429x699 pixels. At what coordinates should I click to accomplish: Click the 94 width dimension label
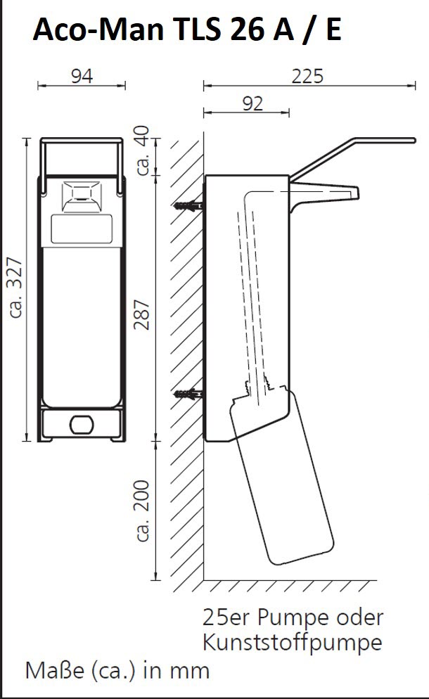coord(82,76)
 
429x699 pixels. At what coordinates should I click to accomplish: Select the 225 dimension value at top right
coord(307,76)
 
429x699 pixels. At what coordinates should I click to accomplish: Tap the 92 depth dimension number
coord(253,104)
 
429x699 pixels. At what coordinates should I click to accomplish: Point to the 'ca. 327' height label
coord(16,288)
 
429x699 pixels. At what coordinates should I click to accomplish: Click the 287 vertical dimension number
coord(142,315)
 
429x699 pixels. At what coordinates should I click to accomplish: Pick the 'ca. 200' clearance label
coord(142,511)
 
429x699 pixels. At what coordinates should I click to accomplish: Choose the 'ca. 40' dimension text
coord(143,150)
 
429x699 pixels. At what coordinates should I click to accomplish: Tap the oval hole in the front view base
coord(82,425)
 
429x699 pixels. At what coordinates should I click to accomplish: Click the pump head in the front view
coord(81,196)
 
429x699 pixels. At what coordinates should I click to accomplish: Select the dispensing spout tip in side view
coord(355,193)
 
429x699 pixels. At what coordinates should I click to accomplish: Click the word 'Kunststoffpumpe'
coord(293,642)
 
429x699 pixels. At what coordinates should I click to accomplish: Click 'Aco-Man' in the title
coord(99,30)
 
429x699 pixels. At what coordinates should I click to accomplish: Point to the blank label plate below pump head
coord(81,229)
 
